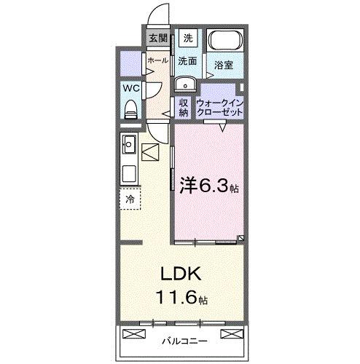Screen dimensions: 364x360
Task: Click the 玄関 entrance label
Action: click(x=158, y=38)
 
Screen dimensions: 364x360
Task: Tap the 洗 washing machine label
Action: click(x=188, y=38)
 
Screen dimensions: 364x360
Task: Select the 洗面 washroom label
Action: click(x=188, y=61)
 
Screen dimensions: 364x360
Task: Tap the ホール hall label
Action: click(x=157, y=61)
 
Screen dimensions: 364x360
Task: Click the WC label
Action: click(x=130, y=88)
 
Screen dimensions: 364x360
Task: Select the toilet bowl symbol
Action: click(x=131, y=109)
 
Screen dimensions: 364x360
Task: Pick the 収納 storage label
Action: click(x=184, y=107)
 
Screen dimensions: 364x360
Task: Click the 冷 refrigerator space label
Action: click(x=130, y=198)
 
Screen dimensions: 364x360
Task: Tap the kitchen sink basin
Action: click(x=130, y=175)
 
